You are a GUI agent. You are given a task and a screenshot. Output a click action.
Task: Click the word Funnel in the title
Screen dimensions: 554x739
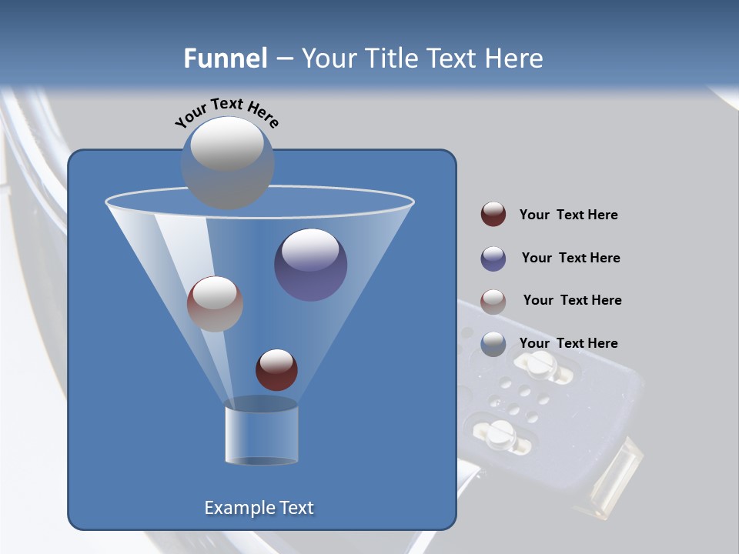225,58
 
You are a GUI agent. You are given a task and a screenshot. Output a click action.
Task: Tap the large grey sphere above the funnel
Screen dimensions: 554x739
227,162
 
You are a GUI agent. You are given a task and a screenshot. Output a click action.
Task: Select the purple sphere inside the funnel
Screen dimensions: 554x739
310,265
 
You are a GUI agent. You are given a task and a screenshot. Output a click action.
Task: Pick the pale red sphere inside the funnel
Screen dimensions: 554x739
215,304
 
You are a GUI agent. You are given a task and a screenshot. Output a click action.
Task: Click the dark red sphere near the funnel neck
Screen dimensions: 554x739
276,369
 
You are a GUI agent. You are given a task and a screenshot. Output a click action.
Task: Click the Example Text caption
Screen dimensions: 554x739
259,508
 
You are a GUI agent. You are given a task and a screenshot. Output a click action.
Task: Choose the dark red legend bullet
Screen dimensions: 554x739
493,215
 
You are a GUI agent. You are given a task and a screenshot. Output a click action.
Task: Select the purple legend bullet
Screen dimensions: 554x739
493,259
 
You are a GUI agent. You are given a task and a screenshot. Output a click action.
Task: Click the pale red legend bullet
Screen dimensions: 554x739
493,302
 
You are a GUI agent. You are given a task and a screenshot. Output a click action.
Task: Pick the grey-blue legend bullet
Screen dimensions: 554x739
493,344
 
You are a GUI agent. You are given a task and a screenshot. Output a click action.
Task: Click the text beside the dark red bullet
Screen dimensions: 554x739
568,215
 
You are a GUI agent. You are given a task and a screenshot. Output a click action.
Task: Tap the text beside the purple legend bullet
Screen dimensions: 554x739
570,259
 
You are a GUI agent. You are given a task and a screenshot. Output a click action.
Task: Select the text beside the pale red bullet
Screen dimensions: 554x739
572,301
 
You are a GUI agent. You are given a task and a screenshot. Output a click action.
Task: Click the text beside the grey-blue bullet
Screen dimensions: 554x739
568,344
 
